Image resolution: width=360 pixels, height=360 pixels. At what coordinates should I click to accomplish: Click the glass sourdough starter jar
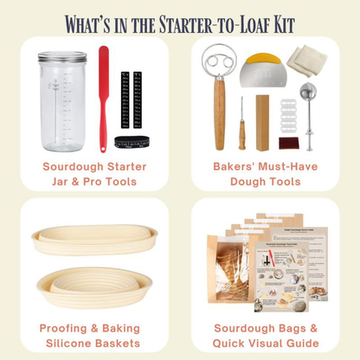(x=63, y=104)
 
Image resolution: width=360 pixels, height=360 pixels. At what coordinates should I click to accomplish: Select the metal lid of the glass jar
(x=63, y=57)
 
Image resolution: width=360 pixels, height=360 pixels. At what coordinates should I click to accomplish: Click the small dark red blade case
(x=289, y=142)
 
